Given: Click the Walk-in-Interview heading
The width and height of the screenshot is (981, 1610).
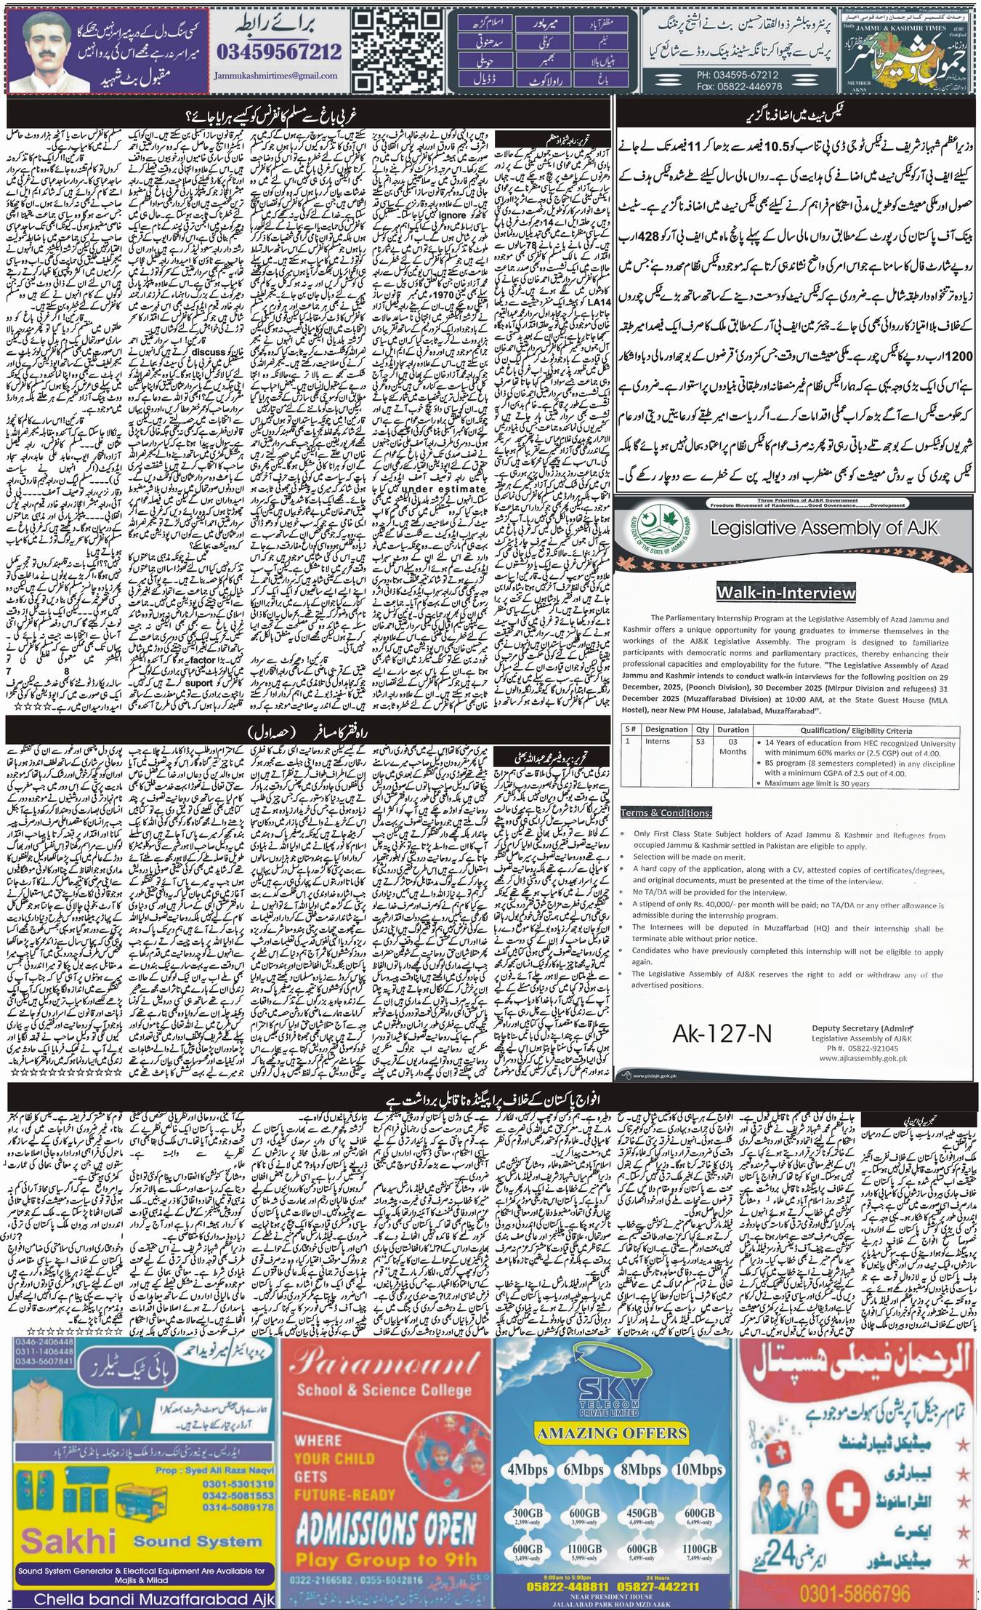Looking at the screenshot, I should (786, 593).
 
